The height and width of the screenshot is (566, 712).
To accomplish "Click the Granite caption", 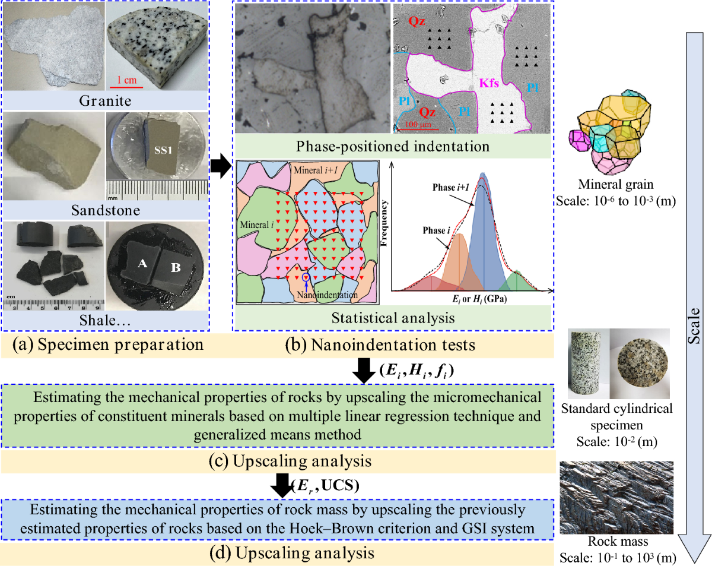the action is point(106,100).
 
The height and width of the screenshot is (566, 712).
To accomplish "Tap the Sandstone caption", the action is point(106,210).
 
